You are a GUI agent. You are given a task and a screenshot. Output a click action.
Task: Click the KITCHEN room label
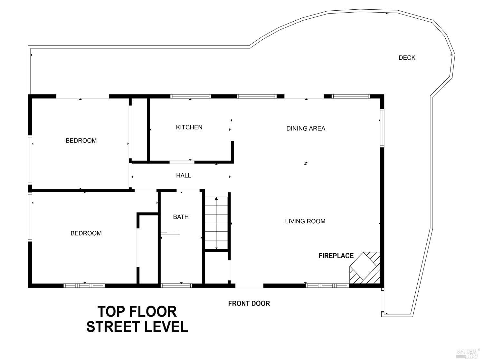[189, 127]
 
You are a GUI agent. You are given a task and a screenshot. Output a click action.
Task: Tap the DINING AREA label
[306, 128]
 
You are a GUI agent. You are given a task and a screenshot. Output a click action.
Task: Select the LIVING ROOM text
[305, 221]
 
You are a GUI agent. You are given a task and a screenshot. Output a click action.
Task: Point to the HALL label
[183, 176]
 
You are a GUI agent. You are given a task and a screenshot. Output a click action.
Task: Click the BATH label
[181, 217]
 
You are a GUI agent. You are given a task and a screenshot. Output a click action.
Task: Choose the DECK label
[407, 58]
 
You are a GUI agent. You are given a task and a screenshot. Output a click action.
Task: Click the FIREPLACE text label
[336, 256]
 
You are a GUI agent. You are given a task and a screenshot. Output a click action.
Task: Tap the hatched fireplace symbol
[365, 268]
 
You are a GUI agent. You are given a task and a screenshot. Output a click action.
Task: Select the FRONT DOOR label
[249, 303]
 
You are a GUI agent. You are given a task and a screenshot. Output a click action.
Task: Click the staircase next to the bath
[216, 223]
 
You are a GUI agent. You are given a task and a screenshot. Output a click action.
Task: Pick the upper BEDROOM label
[81, 141]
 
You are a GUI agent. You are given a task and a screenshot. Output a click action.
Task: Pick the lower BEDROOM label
[86, 233]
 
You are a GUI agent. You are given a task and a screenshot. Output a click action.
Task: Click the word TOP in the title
[111, 312]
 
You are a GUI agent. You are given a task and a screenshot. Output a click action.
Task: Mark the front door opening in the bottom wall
[249, 286]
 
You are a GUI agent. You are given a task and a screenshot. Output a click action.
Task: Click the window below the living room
[327, 286]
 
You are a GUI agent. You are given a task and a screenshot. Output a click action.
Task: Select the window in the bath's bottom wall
[176, 286]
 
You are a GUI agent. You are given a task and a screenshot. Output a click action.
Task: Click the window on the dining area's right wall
[382, 128]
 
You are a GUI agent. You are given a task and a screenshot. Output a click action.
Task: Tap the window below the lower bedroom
[84, 286]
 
